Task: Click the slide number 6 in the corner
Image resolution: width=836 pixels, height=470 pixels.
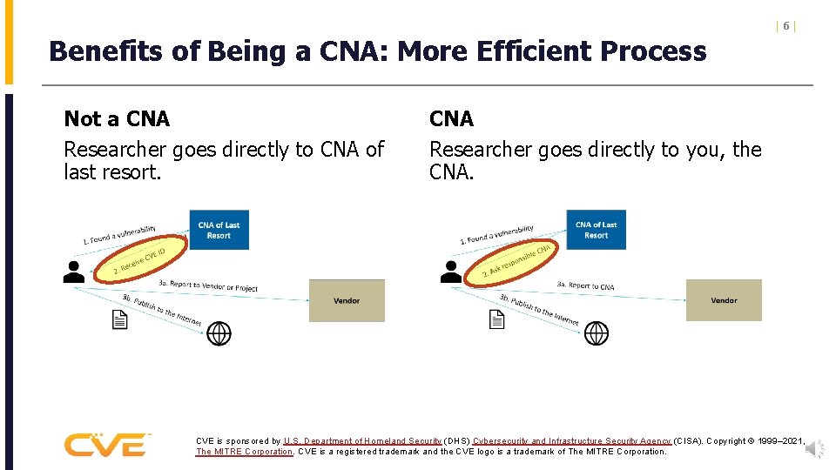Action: tap(785, 26)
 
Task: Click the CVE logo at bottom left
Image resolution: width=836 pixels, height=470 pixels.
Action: tap(106, 445)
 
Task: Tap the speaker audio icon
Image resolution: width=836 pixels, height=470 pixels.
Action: tap(814, 449)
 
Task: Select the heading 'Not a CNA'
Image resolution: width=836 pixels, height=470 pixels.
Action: tap(117, 118)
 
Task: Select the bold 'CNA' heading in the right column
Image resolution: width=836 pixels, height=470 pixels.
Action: tap(451, 118)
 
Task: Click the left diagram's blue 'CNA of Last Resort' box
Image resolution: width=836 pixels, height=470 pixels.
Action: tap(219, 230)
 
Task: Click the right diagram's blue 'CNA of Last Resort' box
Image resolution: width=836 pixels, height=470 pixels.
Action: tap(596, 230)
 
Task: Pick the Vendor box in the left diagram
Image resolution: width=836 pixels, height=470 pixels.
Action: tap(347, 301)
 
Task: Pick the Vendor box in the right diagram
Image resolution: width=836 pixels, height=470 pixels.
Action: tap(724, 300)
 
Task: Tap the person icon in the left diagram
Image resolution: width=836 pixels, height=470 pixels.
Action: tap(74, 272)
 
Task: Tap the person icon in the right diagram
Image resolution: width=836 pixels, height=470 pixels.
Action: tap(451, 272)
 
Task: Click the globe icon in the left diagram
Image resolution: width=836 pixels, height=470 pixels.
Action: tap(219, 333)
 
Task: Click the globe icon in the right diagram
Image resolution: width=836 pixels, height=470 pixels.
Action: tap(596, 333)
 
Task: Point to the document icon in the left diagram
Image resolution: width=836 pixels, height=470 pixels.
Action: tap(120, 321)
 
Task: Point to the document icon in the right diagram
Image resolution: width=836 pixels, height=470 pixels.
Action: tap(496, 321)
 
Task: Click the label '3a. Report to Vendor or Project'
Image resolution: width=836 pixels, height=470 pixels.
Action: tap(208, 285)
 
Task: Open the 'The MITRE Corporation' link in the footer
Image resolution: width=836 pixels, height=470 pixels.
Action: tap(245, 452)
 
